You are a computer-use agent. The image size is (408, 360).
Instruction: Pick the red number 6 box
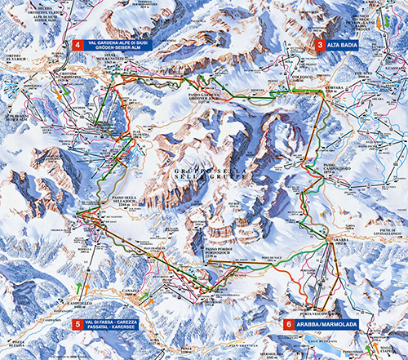coord(288,324)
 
